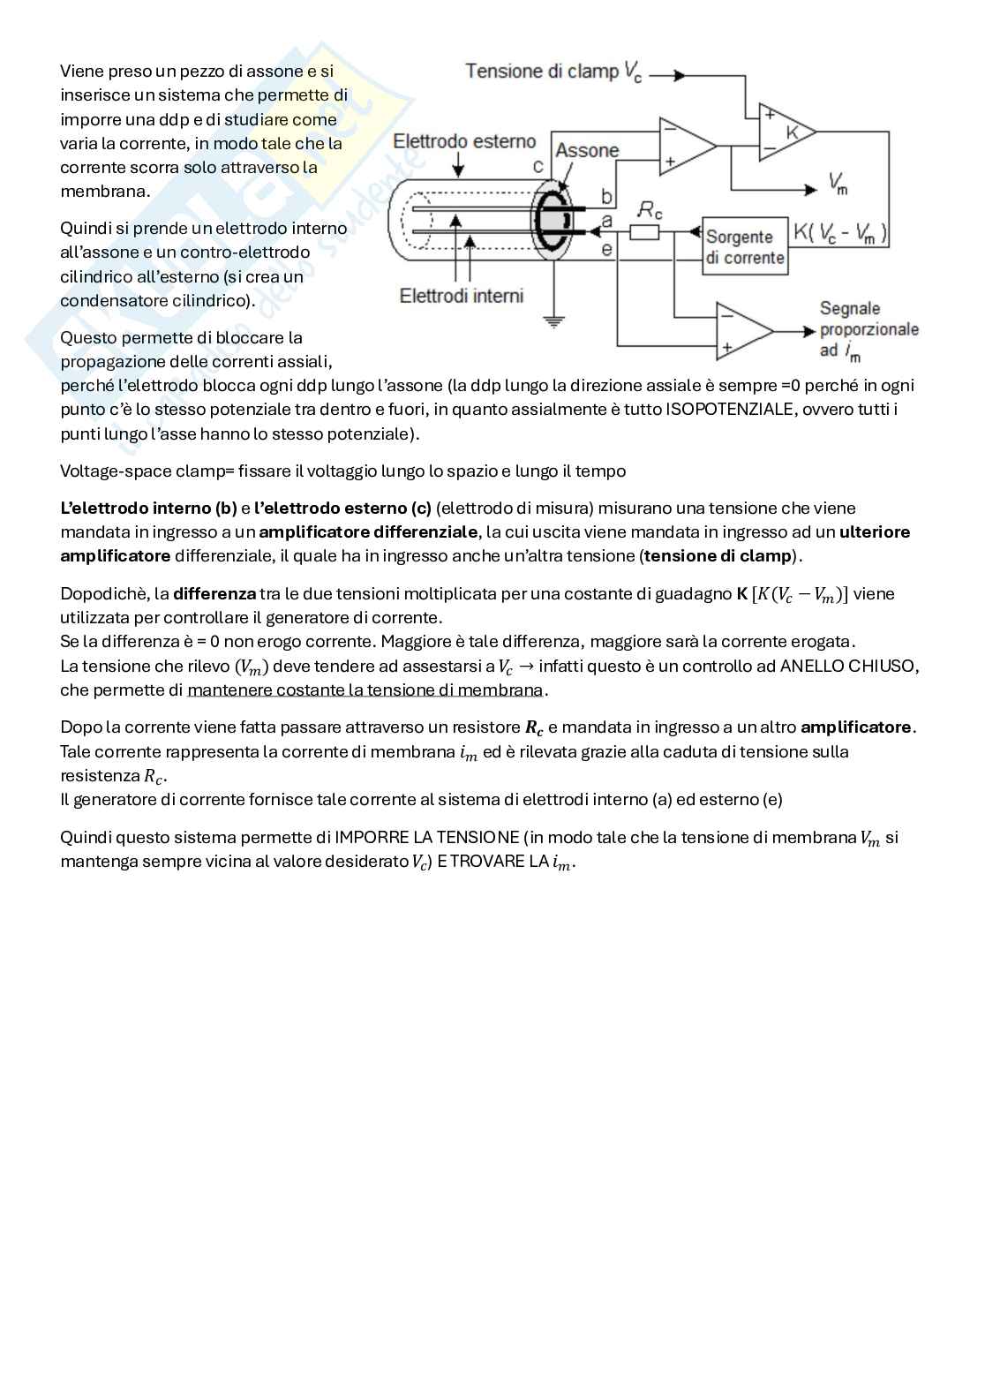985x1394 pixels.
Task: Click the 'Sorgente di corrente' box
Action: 744,247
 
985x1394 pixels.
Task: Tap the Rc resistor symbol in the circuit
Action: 644,232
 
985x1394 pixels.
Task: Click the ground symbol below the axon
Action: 553,322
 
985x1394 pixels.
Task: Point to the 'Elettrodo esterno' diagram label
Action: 464,141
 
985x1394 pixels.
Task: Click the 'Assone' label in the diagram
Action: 587,150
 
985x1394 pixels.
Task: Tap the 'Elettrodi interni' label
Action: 462,296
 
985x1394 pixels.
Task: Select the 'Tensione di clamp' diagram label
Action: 542,72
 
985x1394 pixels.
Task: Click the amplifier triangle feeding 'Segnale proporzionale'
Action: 744,331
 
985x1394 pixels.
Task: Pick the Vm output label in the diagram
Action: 838,184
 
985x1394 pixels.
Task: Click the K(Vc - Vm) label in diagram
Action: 840,233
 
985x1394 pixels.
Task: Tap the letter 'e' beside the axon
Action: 606,249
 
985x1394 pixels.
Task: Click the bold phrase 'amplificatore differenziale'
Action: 368,532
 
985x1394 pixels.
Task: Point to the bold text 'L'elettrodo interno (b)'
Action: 148,509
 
